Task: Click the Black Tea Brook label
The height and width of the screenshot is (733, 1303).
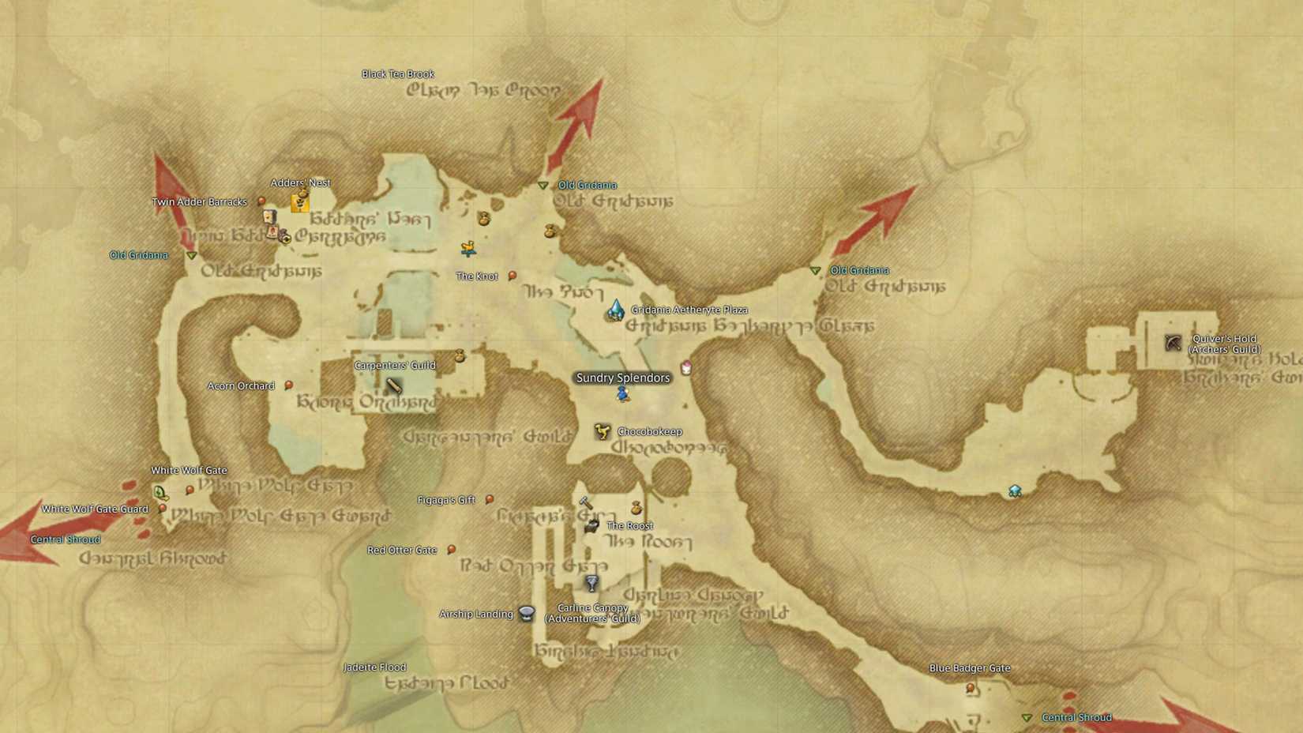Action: tap(398, 74)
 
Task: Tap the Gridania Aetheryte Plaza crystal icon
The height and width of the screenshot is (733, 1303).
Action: tap(615, 310)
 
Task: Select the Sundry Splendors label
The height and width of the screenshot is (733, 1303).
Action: tap(623, 378)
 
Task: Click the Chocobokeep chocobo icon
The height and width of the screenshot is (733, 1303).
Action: tap(603, 431)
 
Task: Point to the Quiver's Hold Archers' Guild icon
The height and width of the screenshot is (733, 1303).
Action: tap(1173, 342)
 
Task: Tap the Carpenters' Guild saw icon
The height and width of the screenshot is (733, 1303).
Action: tap(393, 385)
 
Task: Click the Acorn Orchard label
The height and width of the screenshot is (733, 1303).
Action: tap(241, 385)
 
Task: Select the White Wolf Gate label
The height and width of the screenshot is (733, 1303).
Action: tap(189, 470)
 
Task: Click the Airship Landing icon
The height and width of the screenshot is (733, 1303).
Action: tap(527, 614)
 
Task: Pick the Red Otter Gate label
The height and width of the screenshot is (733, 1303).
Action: tap(402, 550)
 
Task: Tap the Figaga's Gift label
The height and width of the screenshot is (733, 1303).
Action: tap(446, 500)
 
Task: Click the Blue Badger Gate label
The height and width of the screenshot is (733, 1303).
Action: tap(970, 668)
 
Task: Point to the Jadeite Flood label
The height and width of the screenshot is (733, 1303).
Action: tap(375, 667)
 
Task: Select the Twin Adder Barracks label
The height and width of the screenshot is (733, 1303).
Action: tap(200, 202)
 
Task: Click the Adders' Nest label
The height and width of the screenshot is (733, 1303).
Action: tap(301, 182)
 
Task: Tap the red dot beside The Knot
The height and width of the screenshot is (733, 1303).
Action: tap(513, 276)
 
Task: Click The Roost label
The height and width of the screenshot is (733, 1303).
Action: tap(629, 525)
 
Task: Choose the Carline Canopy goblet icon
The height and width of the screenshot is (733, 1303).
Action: tap(591, 583)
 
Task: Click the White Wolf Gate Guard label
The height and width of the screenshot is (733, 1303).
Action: tap(95, 509)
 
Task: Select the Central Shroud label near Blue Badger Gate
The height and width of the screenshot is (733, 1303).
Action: tap(1076, 717)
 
